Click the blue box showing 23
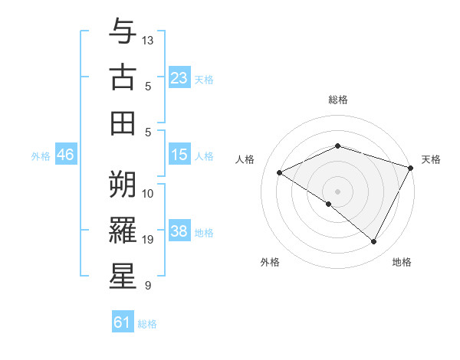pyautogui.click(x=179, y=78)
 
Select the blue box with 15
pyautogui.click(x=179, y=155)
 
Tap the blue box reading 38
pyautogui.click(x=179, y=231)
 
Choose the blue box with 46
pyautogui.click(x=66, y=155)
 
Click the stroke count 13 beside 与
pyautogui.click(x=149, y=39)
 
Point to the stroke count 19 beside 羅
pyautogui.click(x=149, y=240)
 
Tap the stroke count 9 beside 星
pyautogui.click(x=146, y=286)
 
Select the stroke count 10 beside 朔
pyautogui.click(x=149, y=193)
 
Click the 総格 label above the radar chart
pyautogui.click(x=338, y=100)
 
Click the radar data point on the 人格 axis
pyautogui.click(x=280, y=173)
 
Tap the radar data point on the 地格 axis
pyautogui.click(x=373, y=242)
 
